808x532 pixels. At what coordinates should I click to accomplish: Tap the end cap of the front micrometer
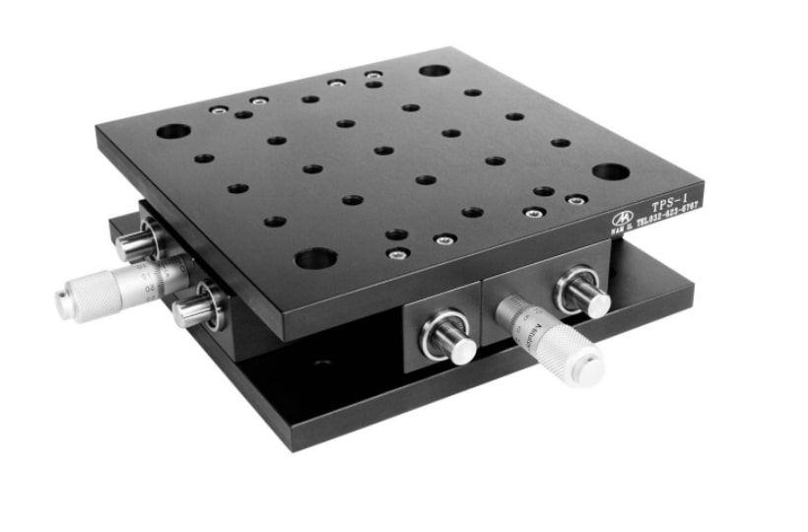(x=589, y=369)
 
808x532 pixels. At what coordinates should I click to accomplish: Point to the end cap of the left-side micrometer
(x=64, y=304)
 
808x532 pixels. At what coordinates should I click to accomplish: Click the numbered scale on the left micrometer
(x=148, y=280)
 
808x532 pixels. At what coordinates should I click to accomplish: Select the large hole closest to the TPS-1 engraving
(x=611, y=172)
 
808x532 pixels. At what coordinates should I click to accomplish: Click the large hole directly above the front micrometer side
(x=315, y=259)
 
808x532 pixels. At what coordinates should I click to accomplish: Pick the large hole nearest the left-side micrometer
(x=173, y=131)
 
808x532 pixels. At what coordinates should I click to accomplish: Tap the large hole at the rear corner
(x=434, y=71)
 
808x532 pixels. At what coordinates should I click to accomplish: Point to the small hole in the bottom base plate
(x=321, y=363)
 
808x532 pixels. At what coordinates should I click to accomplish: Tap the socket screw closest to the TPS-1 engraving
(x=576, y=200)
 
